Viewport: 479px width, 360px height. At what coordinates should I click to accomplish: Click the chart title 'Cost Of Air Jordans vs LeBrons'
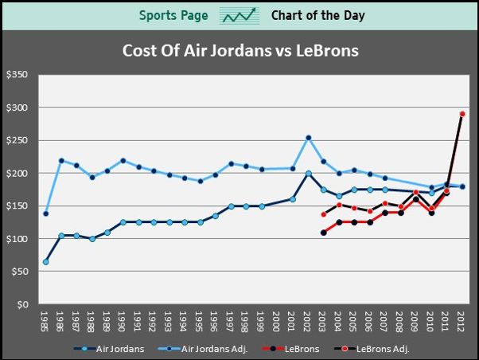point(240,51)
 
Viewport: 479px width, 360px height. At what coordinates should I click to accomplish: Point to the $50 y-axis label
point(18,272)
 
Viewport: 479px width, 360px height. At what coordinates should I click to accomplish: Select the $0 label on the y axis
point(21,304)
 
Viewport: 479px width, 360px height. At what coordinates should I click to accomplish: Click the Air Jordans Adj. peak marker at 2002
point(308,138)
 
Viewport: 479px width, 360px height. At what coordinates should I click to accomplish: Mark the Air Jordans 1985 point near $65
point(45,262)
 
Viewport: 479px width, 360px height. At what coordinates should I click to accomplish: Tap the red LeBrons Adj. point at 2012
point(462,114)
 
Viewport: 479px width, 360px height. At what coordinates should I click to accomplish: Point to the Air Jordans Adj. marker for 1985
point(45,213)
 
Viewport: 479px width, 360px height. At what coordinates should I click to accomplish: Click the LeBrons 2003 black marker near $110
point(323,233)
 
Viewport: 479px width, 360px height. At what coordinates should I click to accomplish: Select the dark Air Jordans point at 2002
point(308,174)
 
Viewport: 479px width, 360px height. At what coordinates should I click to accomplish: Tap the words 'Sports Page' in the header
point(173,15)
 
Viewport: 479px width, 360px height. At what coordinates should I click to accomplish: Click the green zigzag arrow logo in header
point(240,15)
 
